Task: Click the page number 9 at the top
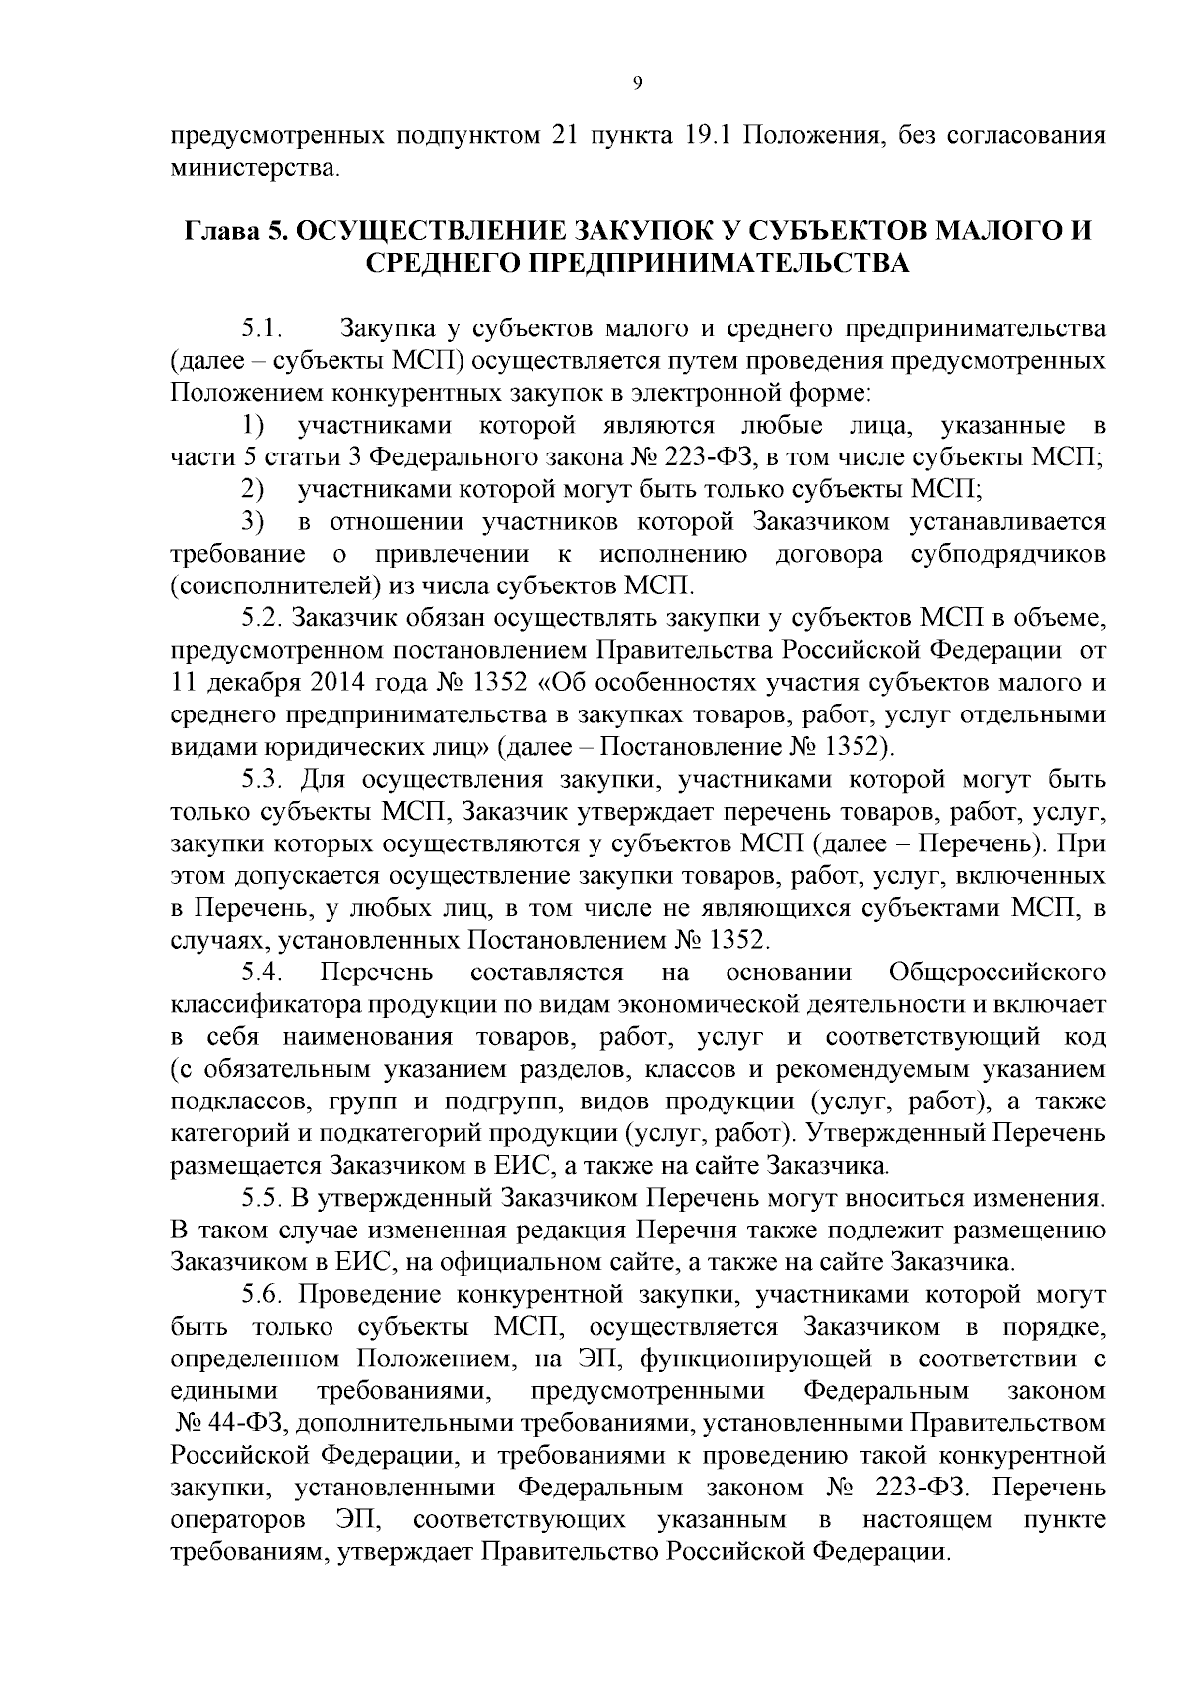(636, 84)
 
